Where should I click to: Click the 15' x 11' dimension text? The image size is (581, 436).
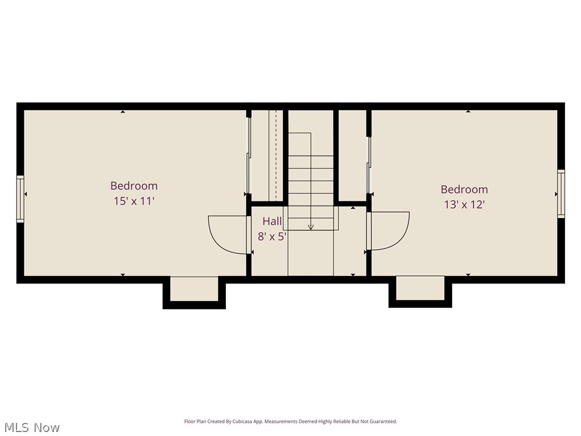pos(134,201)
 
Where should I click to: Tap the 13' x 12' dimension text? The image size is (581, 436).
pos(464,204)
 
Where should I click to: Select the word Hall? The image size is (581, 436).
pos(272,221)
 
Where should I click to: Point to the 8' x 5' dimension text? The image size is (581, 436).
pos(272,237)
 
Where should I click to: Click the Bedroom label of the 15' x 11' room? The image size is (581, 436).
pos(134,186)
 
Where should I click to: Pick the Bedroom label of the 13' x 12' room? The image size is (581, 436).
pos(464,189)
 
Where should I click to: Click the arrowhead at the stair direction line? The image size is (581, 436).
pos(310,227)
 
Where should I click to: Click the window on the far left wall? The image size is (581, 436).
pos(20,198)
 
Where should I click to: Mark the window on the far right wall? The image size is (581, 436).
pos(561,194)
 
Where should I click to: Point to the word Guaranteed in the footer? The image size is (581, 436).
pos(383,422)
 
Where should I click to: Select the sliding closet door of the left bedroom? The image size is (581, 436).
pos(248,165)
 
